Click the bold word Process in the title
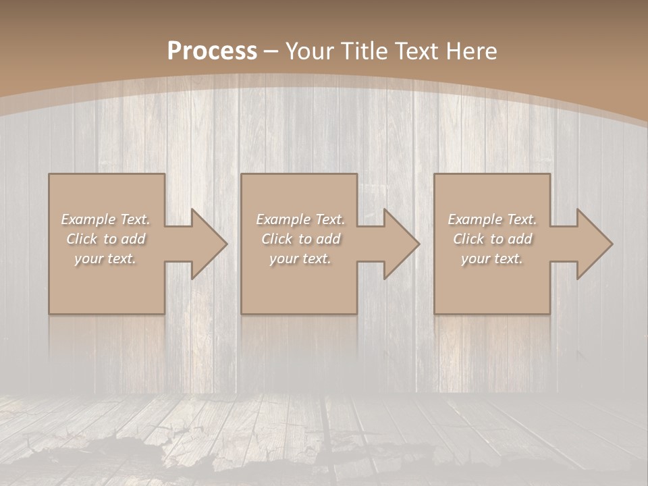point(212,51)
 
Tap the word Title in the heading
point(362,51)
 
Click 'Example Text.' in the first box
point(105,219)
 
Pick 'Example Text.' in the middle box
point(300,219)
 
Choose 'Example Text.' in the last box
point(492,219)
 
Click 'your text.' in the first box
point(105,259)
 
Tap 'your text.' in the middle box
point(300,259)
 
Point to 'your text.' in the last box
point(492,259)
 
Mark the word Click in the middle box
point(277,239)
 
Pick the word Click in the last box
point(468,239)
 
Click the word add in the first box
point(134,239)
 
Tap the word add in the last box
point(521,239)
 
